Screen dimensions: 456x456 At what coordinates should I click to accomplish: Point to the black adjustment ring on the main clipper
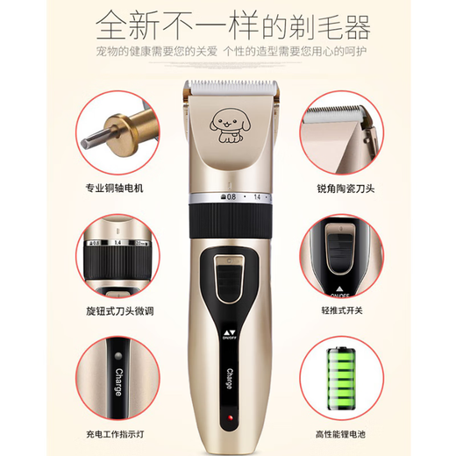(230, 224)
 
